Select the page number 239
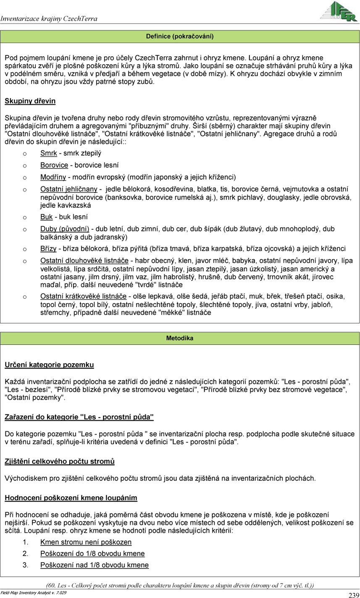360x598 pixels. click(353, 595)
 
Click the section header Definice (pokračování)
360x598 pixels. click(180, 37)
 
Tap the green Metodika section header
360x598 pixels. click(180, 338)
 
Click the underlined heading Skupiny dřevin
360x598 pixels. click(30, 101)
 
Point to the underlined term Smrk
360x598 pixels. click(49, 153)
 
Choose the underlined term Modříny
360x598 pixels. click(53, 177)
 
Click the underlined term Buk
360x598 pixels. click(46, 217)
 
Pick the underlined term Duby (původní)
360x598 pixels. click(65, 229)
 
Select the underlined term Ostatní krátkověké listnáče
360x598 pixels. click(84, 296)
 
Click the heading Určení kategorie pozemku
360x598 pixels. click(49, 365)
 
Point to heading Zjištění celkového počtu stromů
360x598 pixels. click(60, 462)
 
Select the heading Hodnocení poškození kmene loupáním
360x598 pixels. click(71, 498)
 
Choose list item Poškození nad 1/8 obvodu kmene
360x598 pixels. click(94, 565)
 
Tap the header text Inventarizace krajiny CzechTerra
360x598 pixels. click(49, 19)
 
